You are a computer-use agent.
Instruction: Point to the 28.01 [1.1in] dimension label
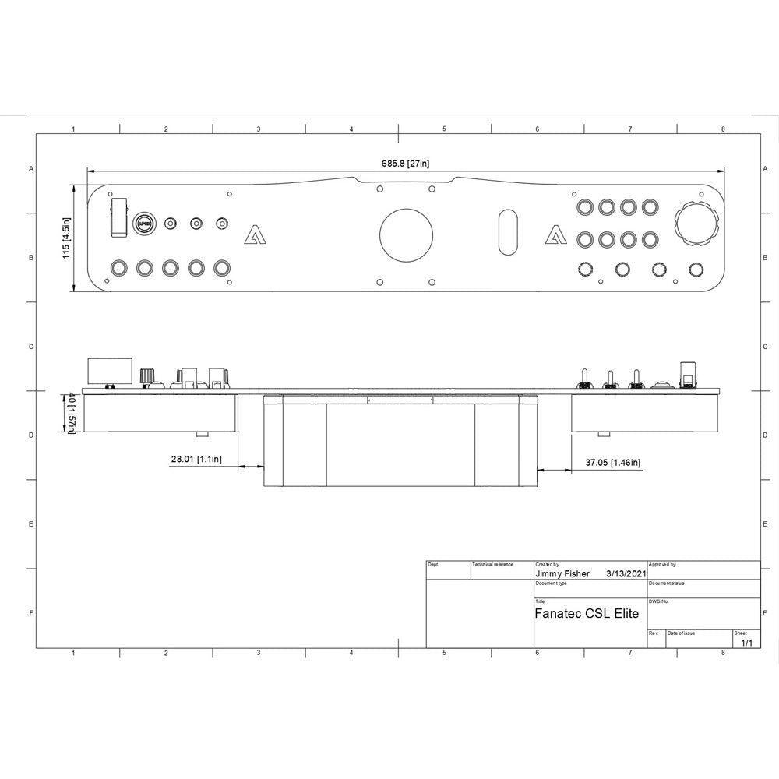[196, 460]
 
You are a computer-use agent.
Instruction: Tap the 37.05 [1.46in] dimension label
[613, 463]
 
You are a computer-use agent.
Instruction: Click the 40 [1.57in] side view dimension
[70, 414]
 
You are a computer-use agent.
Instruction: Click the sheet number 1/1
[746, 643]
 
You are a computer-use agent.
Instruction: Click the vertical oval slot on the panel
[507, 231]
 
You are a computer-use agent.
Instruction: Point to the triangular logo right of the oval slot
[555, 234]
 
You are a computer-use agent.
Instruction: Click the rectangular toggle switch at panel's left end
[119, 216]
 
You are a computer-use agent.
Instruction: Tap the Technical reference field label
[493, 564]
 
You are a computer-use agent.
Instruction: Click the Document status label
[666, 583]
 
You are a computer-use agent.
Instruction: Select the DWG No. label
[658, 601]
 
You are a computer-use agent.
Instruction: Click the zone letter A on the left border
[31, 168]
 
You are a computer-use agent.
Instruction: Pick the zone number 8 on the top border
[723, 129]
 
